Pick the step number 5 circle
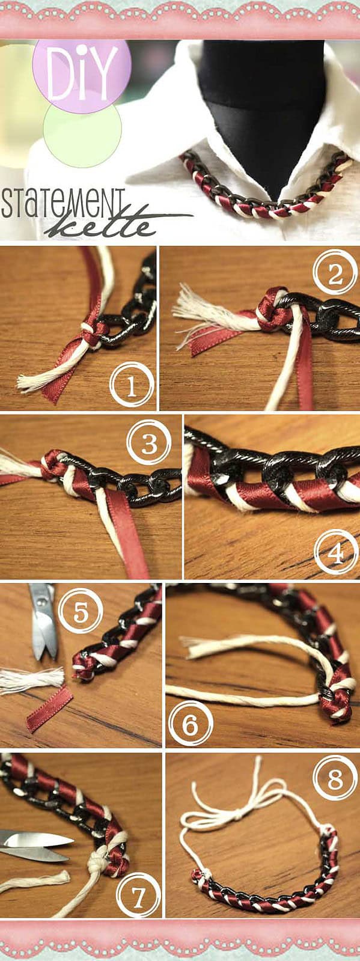coord(81,612)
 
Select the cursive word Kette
coord(102,224)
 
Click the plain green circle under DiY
coord(82,135)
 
